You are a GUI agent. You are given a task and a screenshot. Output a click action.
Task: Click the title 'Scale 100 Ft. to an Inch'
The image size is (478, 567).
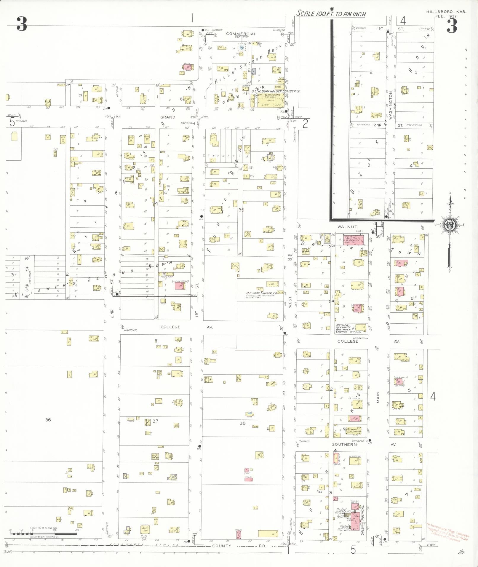331,14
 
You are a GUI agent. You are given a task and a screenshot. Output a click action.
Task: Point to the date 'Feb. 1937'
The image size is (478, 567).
446,16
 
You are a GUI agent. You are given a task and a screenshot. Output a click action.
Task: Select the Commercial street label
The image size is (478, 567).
241,34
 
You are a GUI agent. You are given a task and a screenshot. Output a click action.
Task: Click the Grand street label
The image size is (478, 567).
168,117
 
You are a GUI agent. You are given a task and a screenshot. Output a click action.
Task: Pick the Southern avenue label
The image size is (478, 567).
344,445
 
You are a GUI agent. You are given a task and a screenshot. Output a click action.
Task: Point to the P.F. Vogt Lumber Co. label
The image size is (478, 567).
261,293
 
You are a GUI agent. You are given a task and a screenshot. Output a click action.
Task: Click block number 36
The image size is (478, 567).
48,420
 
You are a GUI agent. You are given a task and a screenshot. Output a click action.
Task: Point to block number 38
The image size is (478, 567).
242,423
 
